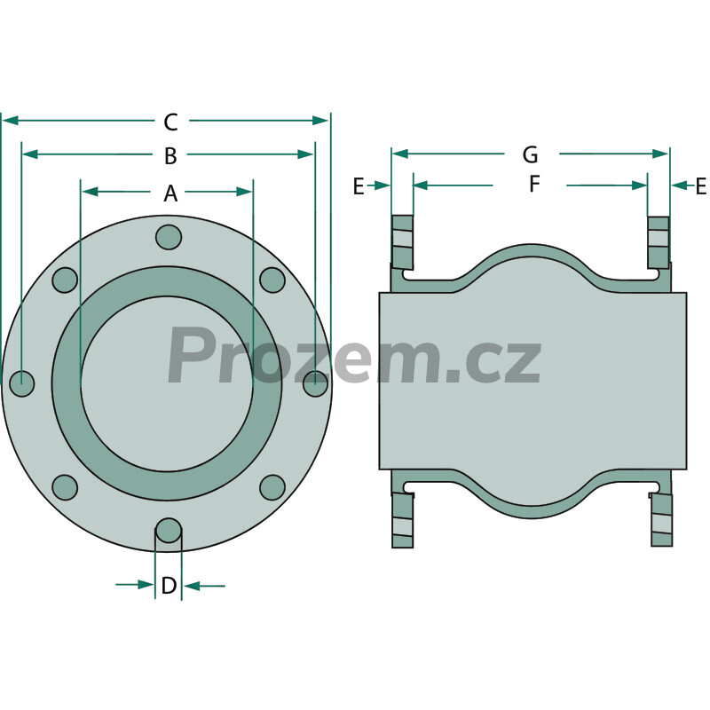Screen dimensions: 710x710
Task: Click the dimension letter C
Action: coord(170,122)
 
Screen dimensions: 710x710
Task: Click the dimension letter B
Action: coord(170,156)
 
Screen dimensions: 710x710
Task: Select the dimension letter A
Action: coord(170,193)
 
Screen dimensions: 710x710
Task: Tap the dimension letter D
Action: coord(169,586)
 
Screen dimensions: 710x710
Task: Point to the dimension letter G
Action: coord(530,154)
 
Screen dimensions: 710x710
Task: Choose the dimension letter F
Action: coord(535,185)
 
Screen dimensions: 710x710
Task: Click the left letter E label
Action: coord(359,186)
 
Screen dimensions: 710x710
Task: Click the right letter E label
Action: coord(700,186)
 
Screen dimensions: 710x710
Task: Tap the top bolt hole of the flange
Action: coord(169,236)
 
